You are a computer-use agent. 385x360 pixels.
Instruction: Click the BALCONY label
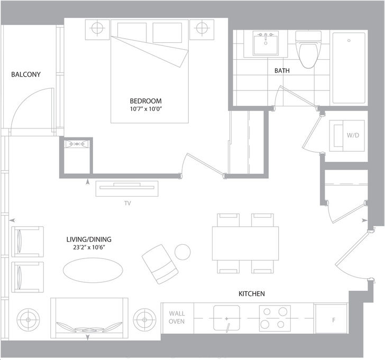[26, 75]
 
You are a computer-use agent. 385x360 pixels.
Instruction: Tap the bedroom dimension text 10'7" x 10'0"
[146, 109]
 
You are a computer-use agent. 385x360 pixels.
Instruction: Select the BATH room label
[282, 71]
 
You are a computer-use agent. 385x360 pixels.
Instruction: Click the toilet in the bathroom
[308, 50]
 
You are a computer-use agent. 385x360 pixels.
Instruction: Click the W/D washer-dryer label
[353, 135]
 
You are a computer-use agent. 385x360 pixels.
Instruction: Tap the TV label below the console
[127, 203]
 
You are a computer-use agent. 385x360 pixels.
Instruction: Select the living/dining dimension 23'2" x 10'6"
[89, 247]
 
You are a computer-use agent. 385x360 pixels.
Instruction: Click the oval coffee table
[93, 270]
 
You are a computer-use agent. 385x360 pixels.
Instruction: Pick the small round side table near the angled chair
[182, 252]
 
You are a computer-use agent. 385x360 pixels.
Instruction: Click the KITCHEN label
[252, 294]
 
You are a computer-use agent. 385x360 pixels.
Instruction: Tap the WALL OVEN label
[177, 317]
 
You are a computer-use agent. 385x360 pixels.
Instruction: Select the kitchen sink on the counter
[226, 318]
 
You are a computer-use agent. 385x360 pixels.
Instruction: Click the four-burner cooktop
[275, 318]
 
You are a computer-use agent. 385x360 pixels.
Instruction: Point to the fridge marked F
[331, 319]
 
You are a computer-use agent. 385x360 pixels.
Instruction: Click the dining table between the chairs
[245, 243]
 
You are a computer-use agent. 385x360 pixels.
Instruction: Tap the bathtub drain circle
[349, 41]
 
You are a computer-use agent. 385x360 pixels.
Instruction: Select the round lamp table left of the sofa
[28, 319]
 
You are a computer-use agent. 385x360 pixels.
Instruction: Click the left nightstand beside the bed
[97, 30]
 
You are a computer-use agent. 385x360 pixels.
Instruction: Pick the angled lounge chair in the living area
[160, 264]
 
